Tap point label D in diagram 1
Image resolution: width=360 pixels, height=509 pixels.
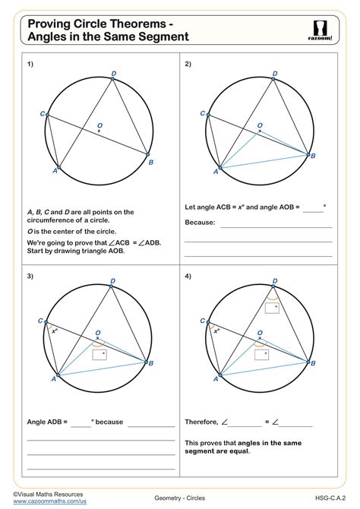tap(114, 74)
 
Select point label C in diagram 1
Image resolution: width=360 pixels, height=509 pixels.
tap(42, 114)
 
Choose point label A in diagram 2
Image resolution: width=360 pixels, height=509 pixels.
tap(216, 172)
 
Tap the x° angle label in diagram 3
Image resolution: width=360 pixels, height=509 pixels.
tap(55, 330)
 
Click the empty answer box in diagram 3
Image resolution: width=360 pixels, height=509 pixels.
tap(99, 354)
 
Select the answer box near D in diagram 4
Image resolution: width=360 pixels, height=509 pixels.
tap(272, 308)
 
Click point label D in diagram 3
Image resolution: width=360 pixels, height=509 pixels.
tap(113, 281)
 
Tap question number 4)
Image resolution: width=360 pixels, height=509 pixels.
tap(189, 276)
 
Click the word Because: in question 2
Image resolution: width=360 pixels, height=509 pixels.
tap(201, 223)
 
